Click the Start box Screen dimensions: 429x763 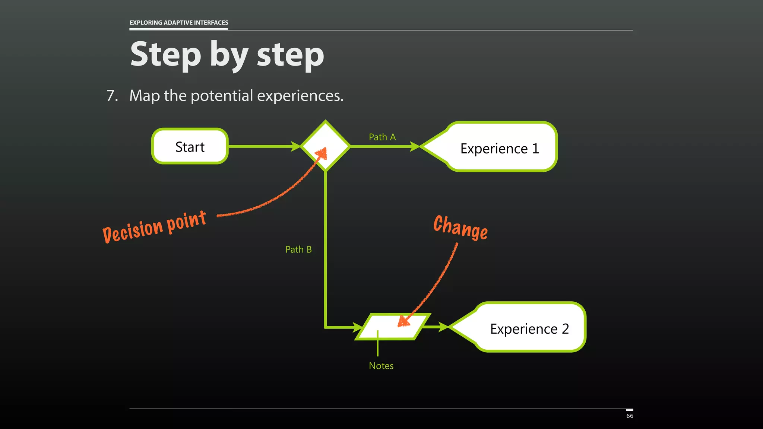pos(190,146)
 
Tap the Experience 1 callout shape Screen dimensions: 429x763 pos(499,148)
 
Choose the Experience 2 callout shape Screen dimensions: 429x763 pos(529,328)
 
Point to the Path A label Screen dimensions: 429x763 pos(382,137)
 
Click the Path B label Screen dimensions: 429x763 pos(298,249)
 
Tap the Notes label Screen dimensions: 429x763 pos(381,366)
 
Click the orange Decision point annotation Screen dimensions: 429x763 pos(154,226)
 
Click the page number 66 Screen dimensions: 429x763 pos(630,416)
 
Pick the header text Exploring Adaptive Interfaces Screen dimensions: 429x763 pos(178,23)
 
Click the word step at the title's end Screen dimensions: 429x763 pos(290,55)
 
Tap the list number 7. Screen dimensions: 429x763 pos(112,96)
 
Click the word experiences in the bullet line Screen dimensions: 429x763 pos(300,96)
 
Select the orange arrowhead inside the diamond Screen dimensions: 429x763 pos(322,153)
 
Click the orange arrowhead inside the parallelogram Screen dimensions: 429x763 pos(403,321)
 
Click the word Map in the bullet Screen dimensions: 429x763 pos(145,96)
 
